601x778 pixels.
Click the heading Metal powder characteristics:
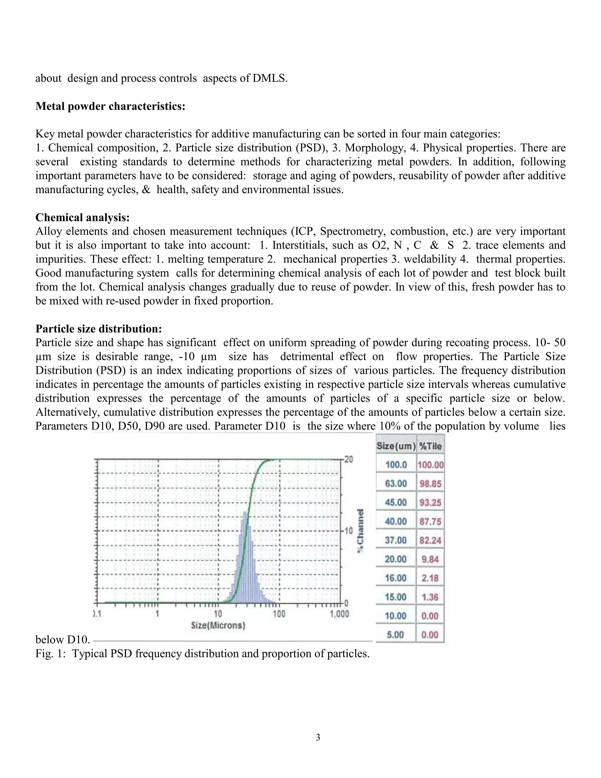click(110, 106)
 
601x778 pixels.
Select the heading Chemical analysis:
click(82, 217)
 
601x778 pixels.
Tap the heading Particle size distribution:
click(99, 329)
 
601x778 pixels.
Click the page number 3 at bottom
click(318, 737)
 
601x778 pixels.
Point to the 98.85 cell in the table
click(430, 484)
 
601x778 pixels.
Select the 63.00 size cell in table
click(396, 484)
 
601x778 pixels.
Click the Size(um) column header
click(396, 446)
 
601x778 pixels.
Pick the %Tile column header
click(430, 446)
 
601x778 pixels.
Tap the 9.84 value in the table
click(430, 559)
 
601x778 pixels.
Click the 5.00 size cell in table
click(395, 635)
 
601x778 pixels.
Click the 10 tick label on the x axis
click(218, 614)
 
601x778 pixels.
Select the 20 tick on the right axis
click(349, 459)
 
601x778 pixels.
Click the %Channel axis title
click(361, 531)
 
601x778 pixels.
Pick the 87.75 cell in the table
click(430, 521)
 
